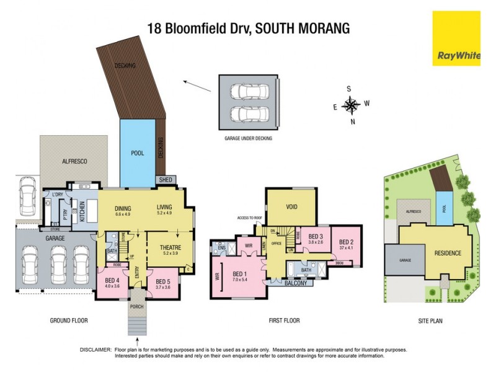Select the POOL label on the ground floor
coord(137,153)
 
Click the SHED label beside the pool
coord(166,180)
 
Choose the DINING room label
coord(123,209)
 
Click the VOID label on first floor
coord(293,207)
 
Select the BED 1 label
coord(239,274)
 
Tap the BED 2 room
coord(346,244)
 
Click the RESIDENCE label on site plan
coord(447,253)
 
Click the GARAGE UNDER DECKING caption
coord(248,139)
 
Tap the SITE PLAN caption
coord(430,321)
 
